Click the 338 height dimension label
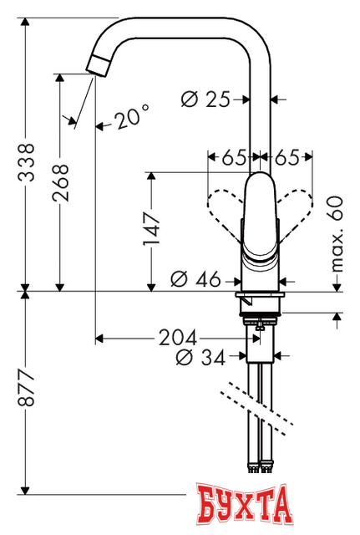point(28,158)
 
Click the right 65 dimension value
point(288,155)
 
